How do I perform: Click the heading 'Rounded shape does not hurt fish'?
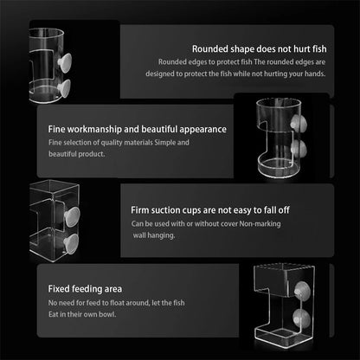[260, 49]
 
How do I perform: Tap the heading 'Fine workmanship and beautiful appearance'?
[138, 129]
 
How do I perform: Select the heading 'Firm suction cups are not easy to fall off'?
[210, 210]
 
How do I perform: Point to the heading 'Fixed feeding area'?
[85, 289]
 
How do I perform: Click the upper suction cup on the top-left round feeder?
[65, 62]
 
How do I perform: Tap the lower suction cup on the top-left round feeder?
[64, 88]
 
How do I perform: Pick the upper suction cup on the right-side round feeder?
[299, 124]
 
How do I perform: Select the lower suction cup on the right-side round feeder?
[299, 149]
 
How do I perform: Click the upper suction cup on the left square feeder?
[72, 216]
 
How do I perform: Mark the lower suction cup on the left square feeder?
[71, 244]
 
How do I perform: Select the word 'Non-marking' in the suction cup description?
[260, 224]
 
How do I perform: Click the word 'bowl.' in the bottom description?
[107, 314]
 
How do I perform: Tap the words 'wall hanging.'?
[154, 235]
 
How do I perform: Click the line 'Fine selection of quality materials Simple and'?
[119, 143]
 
